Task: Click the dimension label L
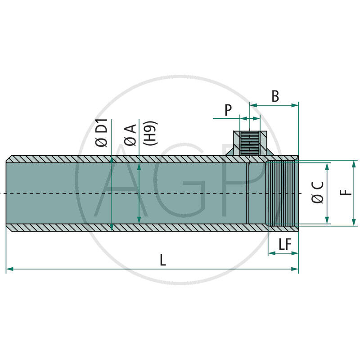(163, 260)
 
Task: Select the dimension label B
(275, 96)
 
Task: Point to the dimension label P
(228, 110)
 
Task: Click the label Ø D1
(102, 133)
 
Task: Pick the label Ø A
(130, 135)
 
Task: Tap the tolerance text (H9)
(150, 133)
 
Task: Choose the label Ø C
(318, 192)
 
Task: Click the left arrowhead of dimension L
(9, 269)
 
